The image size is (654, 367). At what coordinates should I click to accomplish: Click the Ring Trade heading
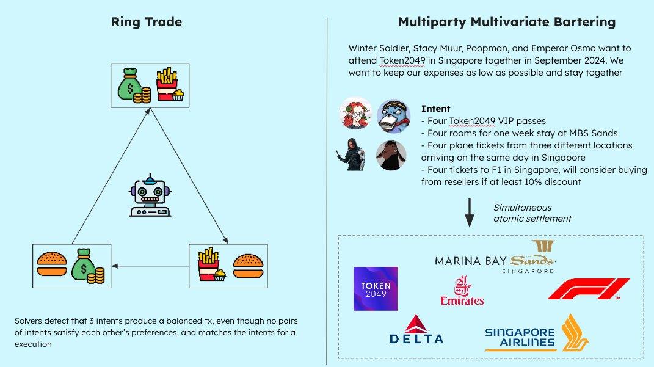tap(146, 23)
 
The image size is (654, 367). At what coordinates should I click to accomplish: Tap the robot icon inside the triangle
tap(150, 197)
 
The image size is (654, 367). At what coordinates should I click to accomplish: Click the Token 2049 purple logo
tap(376, 288)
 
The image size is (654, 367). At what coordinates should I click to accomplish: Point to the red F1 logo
tap(588, 289)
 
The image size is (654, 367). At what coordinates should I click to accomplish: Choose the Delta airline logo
tap(416, 330)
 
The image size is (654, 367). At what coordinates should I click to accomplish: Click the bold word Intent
tap(435, 109)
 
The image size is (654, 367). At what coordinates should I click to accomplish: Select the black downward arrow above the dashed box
tap(470, 213)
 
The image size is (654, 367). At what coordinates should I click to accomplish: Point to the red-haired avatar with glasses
tap(357, 114)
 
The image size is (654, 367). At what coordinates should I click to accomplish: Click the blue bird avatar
tap(393, 114)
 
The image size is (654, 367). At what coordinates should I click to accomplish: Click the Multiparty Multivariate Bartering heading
tap(506, 23)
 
